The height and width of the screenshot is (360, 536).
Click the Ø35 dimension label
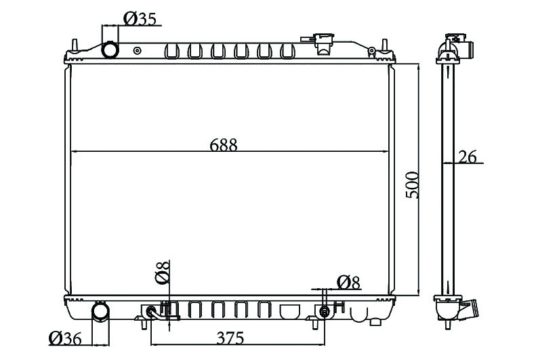tap(140, 19)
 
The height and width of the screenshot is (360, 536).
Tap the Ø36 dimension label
tap(65, 338)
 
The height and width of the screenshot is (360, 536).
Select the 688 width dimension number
tap(223, 145)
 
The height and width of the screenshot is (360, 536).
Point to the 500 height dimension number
tap(412, 185)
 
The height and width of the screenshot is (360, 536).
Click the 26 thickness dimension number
tap(467, 157)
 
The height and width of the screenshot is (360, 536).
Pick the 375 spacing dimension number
tap(230, 338)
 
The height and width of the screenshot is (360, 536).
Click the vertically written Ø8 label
tap(162, 273)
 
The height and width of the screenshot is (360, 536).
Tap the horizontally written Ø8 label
tap(348, 283)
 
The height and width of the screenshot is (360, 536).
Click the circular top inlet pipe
tap(110, 49)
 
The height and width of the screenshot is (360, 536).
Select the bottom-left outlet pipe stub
tap(101, 311)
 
